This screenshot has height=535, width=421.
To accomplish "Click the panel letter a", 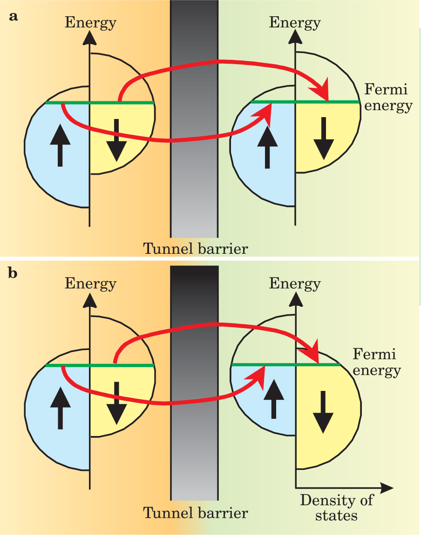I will (x=14, y=17).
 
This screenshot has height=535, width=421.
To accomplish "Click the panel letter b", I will (x=14, y=274).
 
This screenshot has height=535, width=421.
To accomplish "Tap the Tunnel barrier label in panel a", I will (x=195, y=249).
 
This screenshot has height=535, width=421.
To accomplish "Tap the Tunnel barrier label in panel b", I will (x=195, y=513).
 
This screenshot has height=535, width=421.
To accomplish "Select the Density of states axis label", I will (x=337, y=507).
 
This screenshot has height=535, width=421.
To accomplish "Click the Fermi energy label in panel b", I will (x=376, y=363).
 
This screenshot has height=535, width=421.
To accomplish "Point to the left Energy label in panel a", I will (x=91, y=22).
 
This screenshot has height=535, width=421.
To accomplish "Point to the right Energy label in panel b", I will (x=295, y=283).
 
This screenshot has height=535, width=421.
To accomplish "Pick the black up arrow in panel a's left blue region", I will (x=60, y=146).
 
